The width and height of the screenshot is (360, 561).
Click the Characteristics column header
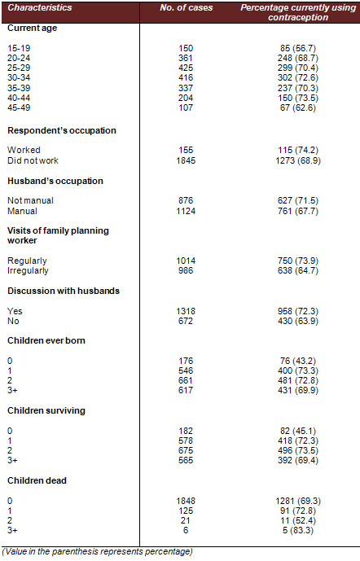pyautogui.click(x=40, y=7)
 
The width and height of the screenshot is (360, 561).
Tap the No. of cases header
pyautogui.click(x=186, y=7)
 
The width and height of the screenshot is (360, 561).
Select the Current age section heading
pyautogui.click(x=33, y=28)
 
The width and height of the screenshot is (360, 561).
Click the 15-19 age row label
pyautogui.click(x=19, y=48)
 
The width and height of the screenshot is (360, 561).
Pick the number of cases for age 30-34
pyautogui.click(x=186, y=77)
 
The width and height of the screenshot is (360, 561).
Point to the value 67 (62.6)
pyautogui.click(x=298, y=107)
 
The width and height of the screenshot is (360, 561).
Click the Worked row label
pyautogui.click(x=24, y=150)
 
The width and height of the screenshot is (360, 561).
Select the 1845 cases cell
pyautogui.click(x=186, y=160)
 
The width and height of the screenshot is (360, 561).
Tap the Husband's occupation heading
pyautogui.click(x=55, y=181)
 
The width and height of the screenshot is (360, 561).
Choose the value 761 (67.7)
pyautogui.click(x=298, y=211)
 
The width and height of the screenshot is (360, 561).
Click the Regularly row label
pyautogui.click(x=27, y=261)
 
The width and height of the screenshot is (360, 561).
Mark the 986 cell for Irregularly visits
pyautogui.click(x=186, y=270)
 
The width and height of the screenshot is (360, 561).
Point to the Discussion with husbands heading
pyautogui.click(x=64, y=291)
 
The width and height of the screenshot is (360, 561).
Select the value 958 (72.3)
pyautogui.click(x=298, y=311)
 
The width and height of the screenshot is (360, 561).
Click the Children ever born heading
pyautogui.click(x=46, y=340)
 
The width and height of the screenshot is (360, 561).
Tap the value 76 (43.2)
pyautogui.click(x=298, y=361)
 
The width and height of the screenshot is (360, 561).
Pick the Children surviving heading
pyautogui.click(x=46, y=410)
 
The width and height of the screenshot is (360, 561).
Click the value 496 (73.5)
pyautogui.click(x=298, y=450)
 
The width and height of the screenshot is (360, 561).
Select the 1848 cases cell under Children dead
pyautogui.click(x=186, y=501)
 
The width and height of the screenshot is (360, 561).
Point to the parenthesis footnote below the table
pyautogui.click(x=98, y=552)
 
